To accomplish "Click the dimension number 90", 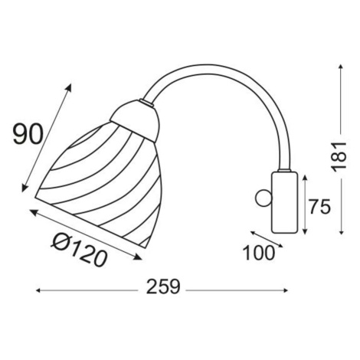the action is [x=28, y=134].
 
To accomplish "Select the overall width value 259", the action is [x=163, y=286].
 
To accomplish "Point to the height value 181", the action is [x=339, y=156].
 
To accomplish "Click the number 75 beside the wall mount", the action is [x=320, y=207].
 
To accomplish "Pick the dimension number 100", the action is [x=259, y=253].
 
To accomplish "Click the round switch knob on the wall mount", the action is [x=263, y=198].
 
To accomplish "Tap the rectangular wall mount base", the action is [x=285, y=202].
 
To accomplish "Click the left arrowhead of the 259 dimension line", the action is [x=38, y=290].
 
